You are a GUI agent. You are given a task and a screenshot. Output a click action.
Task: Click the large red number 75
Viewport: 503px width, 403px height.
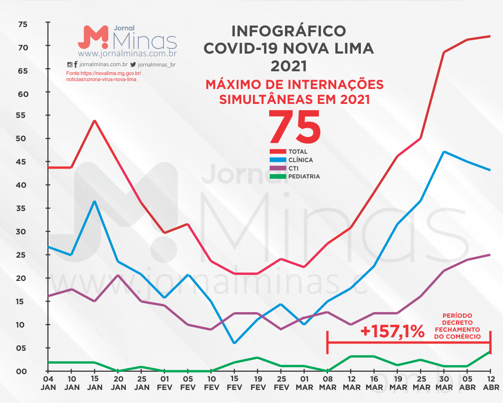(294, 127)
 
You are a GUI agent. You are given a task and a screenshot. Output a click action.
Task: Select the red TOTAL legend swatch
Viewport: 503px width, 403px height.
(278, 151)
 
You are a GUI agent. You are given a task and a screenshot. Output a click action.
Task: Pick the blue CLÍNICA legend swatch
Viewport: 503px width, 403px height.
(278, 160)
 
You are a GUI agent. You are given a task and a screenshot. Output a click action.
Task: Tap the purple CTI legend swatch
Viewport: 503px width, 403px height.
(278, 168)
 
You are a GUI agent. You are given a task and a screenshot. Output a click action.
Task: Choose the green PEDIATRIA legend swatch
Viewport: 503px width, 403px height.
(278, 177)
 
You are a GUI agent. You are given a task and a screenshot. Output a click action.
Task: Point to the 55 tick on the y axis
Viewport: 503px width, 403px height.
(23, 116)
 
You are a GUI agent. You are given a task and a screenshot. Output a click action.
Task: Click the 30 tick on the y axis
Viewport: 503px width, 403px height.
(23, 232)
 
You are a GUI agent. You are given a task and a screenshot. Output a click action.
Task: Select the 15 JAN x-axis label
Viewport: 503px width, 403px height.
(95, 383)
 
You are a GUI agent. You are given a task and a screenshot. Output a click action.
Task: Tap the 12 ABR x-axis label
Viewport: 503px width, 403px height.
(490, 383)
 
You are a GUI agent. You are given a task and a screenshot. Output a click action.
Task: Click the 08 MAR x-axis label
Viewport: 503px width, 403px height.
(327, 383)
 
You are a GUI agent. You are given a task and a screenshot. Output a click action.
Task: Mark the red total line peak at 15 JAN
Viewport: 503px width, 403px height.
(95, 121)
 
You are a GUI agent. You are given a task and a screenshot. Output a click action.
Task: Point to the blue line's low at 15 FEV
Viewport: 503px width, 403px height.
(234, 343)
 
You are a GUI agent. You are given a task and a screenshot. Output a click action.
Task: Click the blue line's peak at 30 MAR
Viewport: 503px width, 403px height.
(444, 152)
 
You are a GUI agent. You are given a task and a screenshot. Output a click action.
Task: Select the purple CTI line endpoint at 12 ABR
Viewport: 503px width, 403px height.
(490, 255)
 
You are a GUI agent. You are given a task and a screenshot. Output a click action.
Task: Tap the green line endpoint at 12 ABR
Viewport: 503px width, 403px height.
(490, 352)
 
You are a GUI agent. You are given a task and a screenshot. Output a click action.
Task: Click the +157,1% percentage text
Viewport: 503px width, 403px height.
(392, 331)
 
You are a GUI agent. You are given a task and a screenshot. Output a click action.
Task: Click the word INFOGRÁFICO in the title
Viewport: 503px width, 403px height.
(289, 31)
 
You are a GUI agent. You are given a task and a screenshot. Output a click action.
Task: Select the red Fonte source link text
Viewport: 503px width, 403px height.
(103, 76)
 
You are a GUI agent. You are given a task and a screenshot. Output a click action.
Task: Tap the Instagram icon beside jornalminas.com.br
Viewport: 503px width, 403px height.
(70, 65)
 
